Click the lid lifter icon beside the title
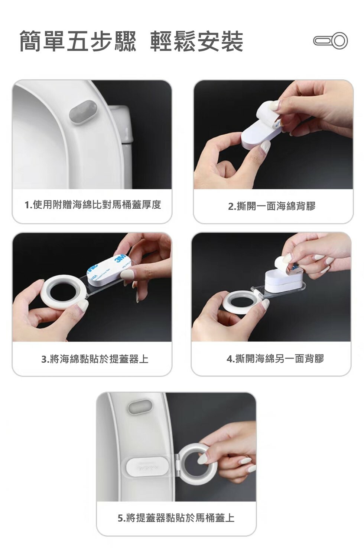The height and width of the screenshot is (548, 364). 330,41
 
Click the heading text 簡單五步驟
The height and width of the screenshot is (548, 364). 78,41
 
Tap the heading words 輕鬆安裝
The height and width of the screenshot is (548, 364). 196,41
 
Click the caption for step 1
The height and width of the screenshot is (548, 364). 93,205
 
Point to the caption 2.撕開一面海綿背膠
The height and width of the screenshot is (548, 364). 272,206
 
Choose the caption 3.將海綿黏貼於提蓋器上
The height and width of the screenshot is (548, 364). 95,359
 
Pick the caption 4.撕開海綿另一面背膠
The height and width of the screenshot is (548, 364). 275,359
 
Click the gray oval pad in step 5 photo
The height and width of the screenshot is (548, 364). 140,406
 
